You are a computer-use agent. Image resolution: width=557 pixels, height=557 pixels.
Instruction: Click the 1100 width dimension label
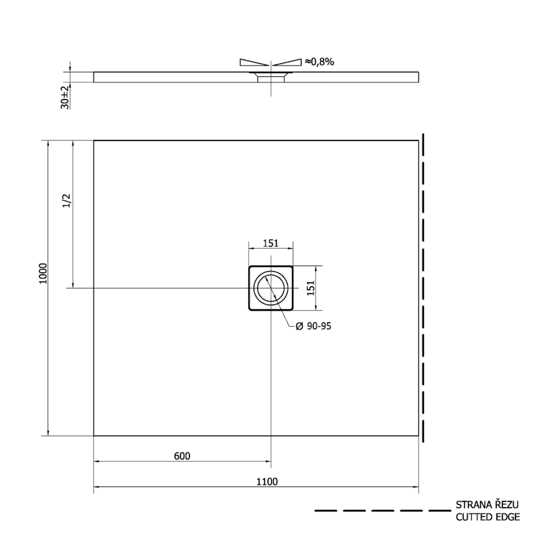point(267,481)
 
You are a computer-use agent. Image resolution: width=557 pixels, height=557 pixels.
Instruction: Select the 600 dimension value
point(182,456)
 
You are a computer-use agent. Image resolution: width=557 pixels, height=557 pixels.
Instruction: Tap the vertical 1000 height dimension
point(43,273)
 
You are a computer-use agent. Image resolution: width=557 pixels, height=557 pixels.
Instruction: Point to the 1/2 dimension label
point(67,201)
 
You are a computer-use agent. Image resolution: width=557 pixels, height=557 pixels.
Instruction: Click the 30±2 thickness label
point(65,97)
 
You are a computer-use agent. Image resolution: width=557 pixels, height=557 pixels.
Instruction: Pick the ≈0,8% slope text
point(319,62)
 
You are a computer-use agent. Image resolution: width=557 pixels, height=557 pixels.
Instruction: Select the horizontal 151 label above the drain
point(270,243)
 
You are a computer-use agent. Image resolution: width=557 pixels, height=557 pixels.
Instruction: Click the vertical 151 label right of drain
point(311,288)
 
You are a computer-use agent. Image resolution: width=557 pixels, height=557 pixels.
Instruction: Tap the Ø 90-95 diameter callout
point(313,326)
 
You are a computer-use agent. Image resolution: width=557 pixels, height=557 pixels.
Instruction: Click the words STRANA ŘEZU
point(487,505)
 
